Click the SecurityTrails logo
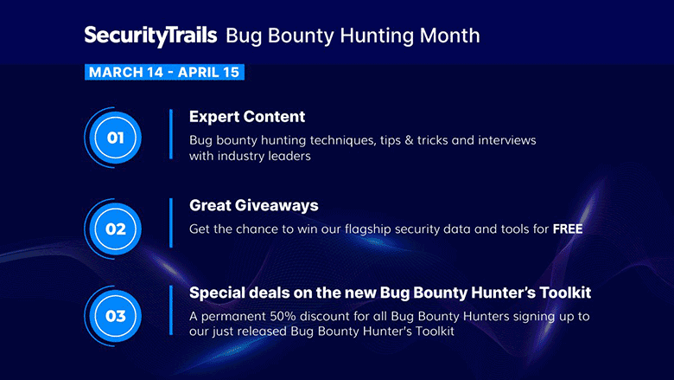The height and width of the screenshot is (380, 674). tap(150, 36)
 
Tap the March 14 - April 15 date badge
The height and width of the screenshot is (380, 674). tap(164, 72)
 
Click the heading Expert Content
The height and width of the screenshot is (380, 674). tap(247, 117)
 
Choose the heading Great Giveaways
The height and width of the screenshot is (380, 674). tap(253, 205)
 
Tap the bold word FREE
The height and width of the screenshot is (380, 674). tap(568, 229)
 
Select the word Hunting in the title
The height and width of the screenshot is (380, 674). tap(377, 36)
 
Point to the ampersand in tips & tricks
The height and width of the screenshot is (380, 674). tap(409, 140)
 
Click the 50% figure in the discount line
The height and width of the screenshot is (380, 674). tap(283, 316)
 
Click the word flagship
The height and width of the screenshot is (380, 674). tap(367, 229)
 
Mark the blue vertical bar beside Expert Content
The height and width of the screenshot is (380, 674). tap(171, 134)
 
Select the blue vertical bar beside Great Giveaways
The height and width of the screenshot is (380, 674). tap(171, 223)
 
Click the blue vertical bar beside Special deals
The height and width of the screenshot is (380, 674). tap(171, 310)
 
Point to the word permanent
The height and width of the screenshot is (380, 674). tap(233, 317)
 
